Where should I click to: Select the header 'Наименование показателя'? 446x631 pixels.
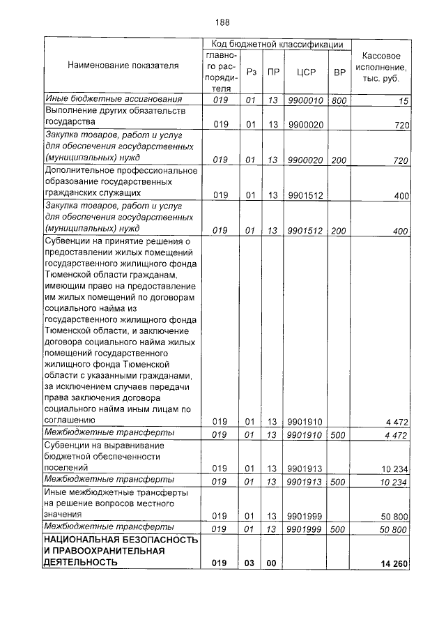(x=123, y=66)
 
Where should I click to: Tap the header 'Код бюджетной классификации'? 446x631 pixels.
(x=277, y=44)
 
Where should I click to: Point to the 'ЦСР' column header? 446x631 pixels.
(x=307, y=71)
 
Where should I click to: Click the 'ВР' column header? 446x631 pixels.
(x=339, y=71)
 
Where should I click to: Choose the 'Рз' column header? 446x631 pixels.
(x=252, y=71)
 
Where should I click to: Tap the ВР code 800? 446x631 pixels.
(x=339, y=100)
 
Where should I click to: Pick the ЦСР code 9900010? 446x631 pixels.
(x=306, y=100)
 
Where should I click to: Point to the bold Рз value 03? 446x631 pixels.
(x=251, y=562)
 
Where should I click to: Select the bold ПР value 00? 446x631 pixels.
(x=272, y=562)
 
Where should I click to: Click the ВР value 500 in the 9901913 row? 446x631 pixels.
(x=339, y=481)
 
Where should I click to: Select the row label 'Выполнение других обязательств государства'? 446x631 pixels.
(x=105, y=117)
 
